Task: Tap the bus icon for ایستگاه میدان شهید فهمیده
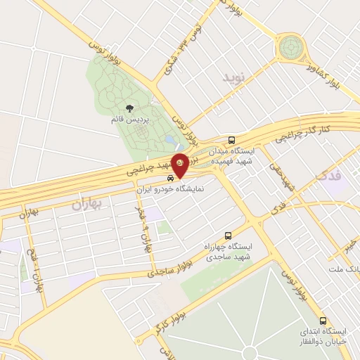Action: pos(232,140)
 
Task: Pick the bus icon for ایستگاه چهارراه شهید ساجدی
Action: pos(227,237)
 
